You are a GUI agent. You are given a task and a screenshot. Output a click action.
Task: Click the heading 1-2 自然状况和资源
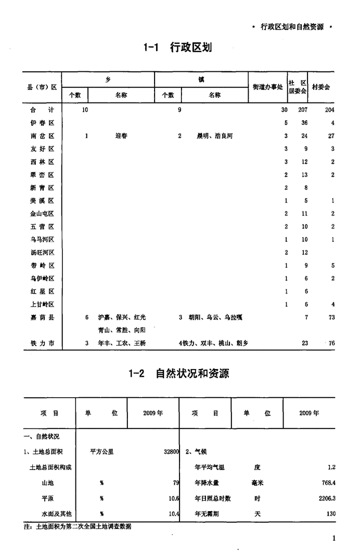179,374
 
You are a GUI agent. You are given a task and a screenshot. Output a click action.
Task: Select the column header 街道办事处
267,87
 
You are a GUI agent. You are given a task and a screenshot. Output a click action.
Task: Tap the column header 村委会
320,87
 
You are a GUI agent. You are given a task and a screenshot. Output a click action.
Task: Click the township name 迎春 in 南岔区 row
121,136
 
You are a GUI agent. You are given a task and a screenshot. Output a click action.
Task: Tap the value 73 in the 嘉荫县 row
331,317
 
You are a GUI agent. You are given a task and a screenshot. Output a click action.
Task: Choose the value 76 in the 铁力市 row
331,343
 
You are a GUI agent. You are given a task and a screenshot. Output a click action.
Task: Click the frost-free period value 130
330,514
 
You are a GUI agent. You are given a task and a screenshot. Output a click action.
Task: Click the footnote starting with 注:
78,526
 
